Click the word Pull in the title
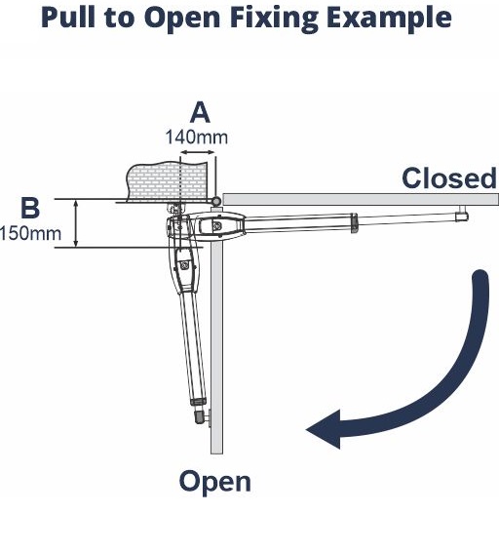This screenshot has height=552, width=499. click(x=68, y=18)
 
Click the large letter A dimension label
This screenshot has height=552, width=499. click(x=200, y=112)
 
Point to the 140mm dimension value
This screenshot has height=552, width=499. click(x=197, y=138)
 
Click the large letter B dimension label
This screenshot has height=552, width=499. click(x=30, y=208)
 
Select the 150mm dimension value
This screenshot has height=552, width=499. click(x=30, y=233)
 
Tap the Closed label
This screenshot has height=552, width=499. click(x=449, y=178)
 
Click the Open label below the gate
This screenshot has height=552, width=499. click(x=215, y=483)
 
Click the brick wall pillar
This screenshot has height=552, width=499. click(x=166, y=181)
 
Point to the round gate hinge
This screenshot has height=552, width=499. click(x=216, y=201)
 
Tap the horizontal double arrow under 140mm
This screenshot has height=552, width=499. click(x=197, y=152)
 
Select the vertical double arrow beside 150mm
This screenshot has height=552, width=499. click(x=76, y=222)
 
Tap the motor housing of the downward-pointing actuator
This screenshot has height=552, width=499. click(x=184, y=268)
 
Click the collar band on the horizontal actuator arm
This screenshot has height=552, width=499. click(x=354, y=223)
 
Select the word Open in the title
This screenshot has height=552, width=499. click(x=182, y=20)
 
